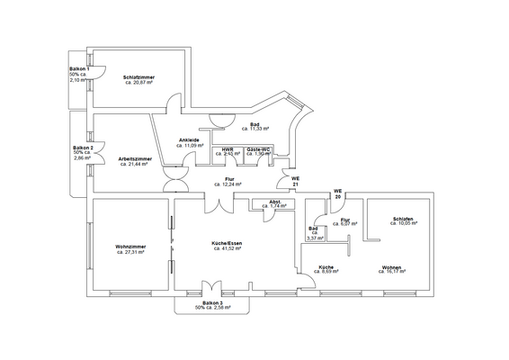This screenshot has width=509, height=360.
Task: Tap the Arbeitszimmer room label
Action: click(134, 159)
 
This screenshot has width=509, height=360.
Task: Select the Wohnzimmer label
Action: click(131, 247)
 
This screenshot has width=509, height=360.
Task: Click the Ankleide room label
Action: click(190, 139)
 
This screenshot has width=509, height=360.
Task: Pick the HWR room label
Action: click(228, 149)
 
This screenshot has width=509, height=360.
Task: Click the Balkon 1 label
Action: click(79, 69)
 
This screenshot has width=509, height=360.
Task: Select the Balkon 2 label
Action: click(83, 147)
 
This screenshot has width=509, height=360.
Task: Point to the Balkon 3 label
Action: click(213, 302)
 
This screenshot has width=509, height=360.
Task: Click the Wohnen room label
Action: click(392, 267)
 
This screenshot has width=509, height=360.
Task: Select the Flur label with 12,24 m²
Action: click(230, 181)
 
